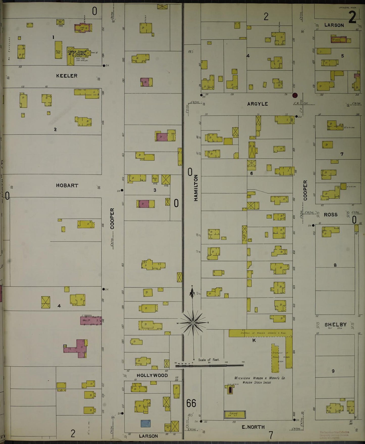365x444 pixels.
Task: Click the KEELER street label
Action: click(67, 76)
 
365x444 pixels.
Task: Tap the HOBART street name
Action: click(67, 185)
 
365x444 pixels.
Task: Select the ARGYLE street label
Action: click(257, 104)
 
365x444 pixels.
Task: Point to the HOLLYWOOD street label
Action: click(152, 376)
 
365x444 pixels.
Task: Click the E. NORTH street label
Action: click(253, 427)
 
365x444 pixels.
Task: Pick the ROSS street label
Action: click(331, 215)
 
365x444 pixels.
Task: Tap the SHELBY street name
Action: click(335, 324)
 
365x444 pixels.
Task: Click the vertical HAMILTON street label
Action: click(196, 188)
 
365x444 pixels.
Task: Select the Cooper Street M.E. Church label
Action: click(77, 53)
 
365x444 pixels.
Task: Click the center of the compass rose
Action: click(193, 323)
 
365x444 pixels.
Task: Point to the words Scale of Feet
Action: click(209, 360)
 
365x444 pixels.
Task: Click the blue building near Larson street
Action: click(145, 424)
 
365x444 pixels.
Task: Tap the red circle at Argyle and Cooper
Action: click(295, 95)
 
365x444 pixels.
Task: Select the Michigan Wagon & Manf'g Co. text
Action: click(260, 378)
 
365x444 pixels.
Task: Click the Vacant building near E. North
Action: click(235, 414)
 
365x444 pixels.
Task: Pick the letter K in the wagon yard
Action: click(254, 340)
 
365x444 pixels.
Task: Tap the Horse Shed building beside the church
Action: click(58, 50)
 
